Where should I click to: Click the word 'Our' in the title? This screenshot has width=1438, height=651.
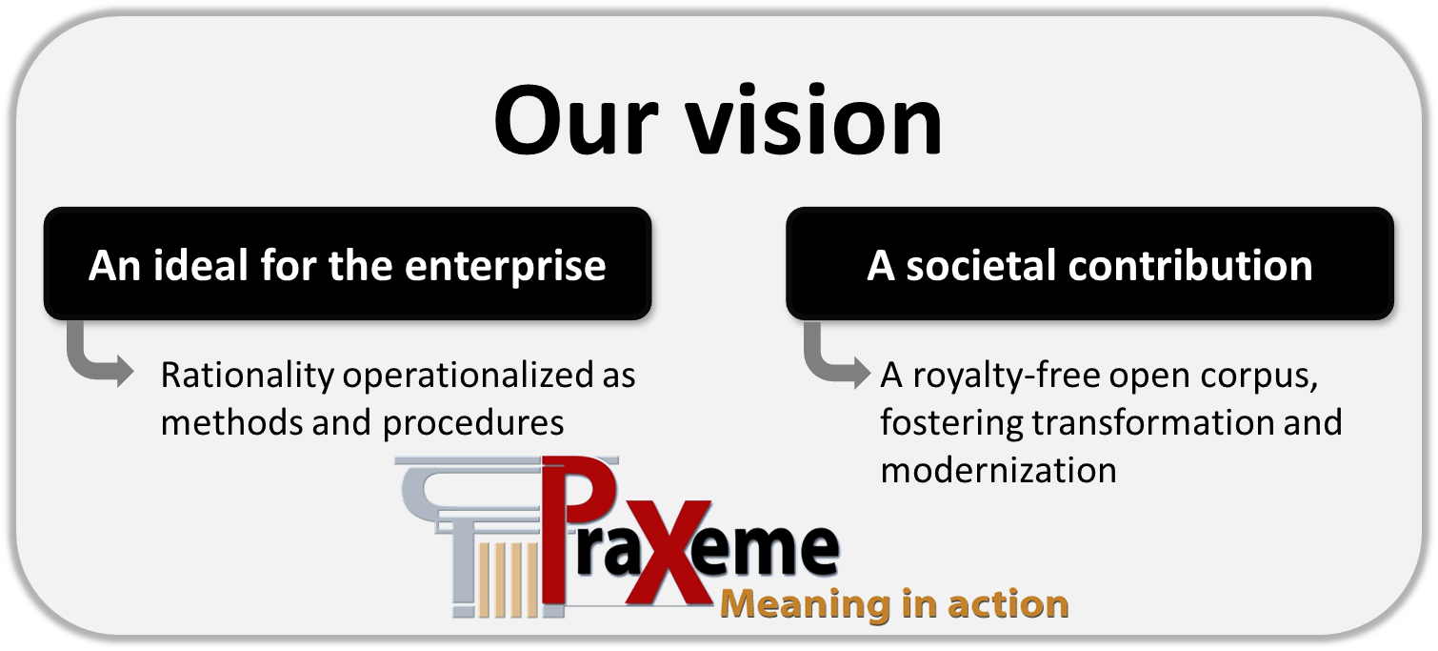coord(576,120)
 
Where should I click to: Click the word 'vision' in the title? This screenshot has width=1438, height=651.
coord(814,120)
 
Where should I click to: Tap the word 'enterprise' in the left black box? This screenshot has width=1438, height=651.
coord(506,266)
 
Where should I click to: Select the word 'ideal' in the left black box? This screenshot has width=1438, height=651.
coord(200,265)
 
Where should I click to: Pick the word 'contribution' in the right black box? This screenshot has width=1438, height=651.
coord(1190,265)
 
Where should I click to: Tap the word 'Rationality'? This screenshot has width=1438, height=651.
coord(248,376)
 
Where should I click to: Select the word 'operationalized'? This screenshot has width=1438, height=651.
coord(467,376)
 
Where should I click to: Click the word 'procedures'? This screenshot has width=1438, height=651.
coord(473,424)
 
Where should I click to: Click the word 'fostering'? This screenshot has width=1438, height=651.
coord(951,424)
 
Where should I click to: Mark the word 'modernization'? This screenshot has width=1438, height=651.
coord(999,470)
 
